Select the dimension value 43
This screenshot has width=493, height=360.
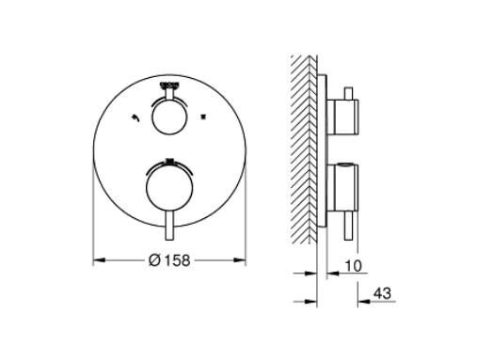pyautogui.click(x=381, y=293)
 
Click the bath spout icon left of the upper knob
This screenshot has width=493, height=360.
pyautogui.click(x=137, y=118)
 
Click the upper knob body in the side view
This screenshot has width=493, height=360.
pyautogui.click(x=343, y=117)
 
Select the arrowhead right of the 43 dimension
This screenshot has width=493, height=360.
pyautogui.click(x=360, y=301)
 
